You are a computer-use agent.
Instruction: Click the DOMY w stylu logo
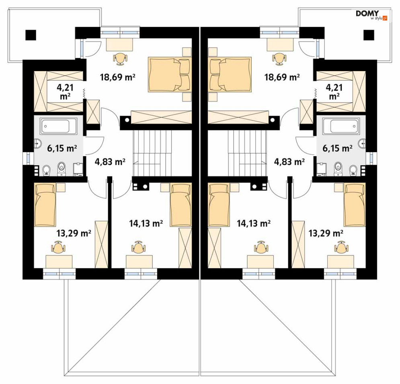pos(372,15)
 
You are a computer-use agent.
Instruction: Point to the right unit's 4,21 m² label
pos(334,92)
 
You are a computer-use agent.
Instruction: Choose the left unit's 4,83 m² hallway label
pos(110,161)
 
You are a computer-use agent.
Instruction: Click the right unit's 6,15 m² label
pos(338,148)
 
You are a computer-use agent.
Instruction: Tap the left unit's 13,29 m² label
pos(74,233)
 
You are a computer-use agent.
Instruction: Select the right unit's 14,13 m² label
pos(254,223)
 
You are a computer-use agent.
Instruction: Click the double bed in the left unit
pos(170,74)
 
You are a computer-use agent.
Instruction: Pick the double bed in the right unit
pos(230,74)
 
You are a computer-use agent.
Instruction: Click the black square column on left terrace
pos(31,35)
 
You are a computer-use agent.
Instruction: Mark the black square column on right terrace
pos(369,35)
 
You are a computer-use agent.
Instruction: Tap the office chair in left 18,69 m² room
pos(120,58)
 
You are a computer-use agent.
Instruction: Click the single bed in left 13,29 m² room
pos(45,205)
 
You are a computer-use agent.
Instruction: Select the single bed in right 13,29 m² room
pos(355,205)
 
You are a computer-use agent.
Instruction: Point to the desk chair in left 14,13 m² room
pos(139,247)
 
